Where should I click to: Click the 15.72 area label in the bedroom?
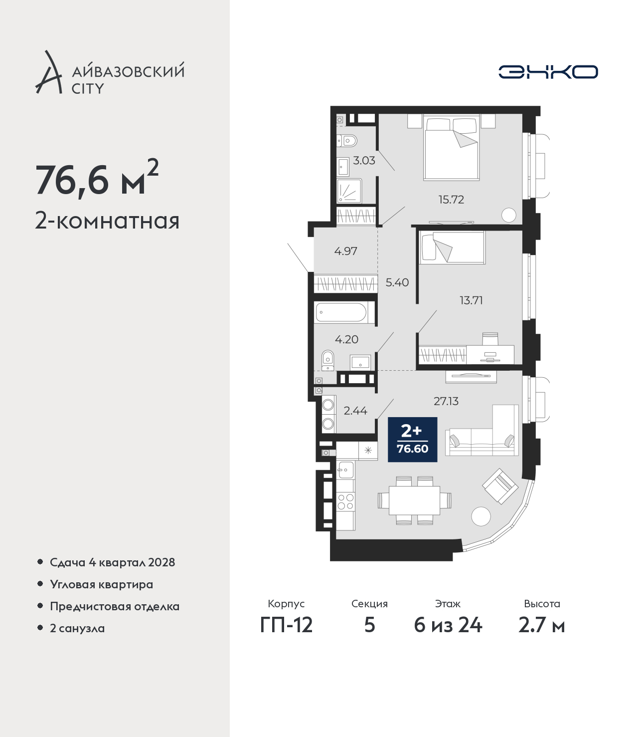(451, 200)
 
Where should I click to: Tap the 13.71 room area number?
(471, 300)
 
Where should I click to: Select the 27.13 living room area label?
(446, 402)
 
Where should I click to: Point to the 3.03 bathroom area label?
(364, 161)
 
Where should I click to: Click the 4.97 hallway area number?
(345, 251)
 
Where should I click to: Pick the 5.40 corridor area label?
(397, 283)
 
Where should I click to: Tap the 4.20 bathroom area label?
(346, 339)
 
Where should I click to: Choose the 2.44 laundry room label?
(355, 411)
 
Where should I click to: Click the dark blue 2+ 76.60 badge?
(413, 439)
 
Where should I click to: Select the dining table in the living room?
(414, 500)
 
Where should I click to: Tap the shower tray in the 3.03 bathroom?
(349, 191)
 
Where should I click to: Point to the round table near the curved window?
(481, 516)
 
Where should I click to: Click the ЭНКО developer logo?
(548, 72)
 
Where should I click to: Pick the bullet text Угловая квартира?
(102, 584)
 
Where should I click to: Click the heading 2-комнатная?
(107, 221)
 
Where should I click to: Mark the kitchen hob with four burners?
(345, 501)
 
